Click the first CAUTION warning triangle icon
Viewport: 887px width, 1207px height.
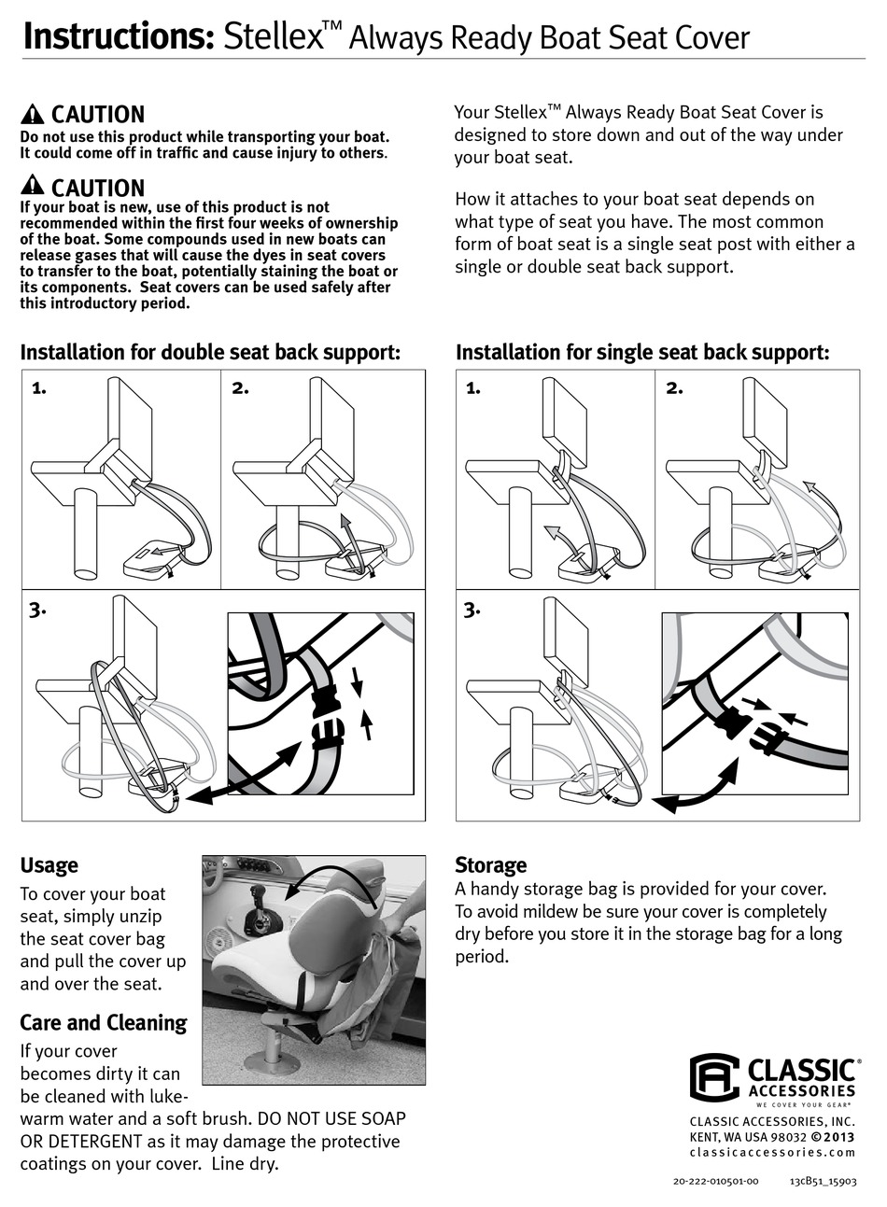coord(32,115)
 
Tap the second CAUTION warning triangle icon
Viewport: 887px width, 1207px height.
coord(32,186)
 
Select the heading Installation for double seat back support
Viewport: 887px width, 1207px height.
coord(210,353)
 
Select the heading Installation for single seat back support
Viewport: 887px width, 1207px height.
coord(642,353)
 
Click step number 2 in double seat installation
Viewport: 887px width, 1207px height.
coord(240,388)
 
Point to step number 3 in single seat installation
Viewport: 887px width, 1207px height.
coord(472,610)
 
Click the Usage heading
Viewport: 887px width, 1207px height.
coord(49,865)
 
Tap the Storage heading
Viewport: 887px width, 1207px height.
coord(490,864)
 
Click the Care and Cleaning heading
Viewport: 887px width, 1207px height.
coord(104,1023)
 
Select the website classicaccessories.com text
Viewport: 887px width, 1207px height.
coord(771,1153)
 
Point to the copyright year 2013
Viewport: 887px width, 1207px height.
coord(838,1136)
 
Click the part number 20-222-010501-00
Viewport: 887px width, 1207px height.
coord(715,1181)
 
